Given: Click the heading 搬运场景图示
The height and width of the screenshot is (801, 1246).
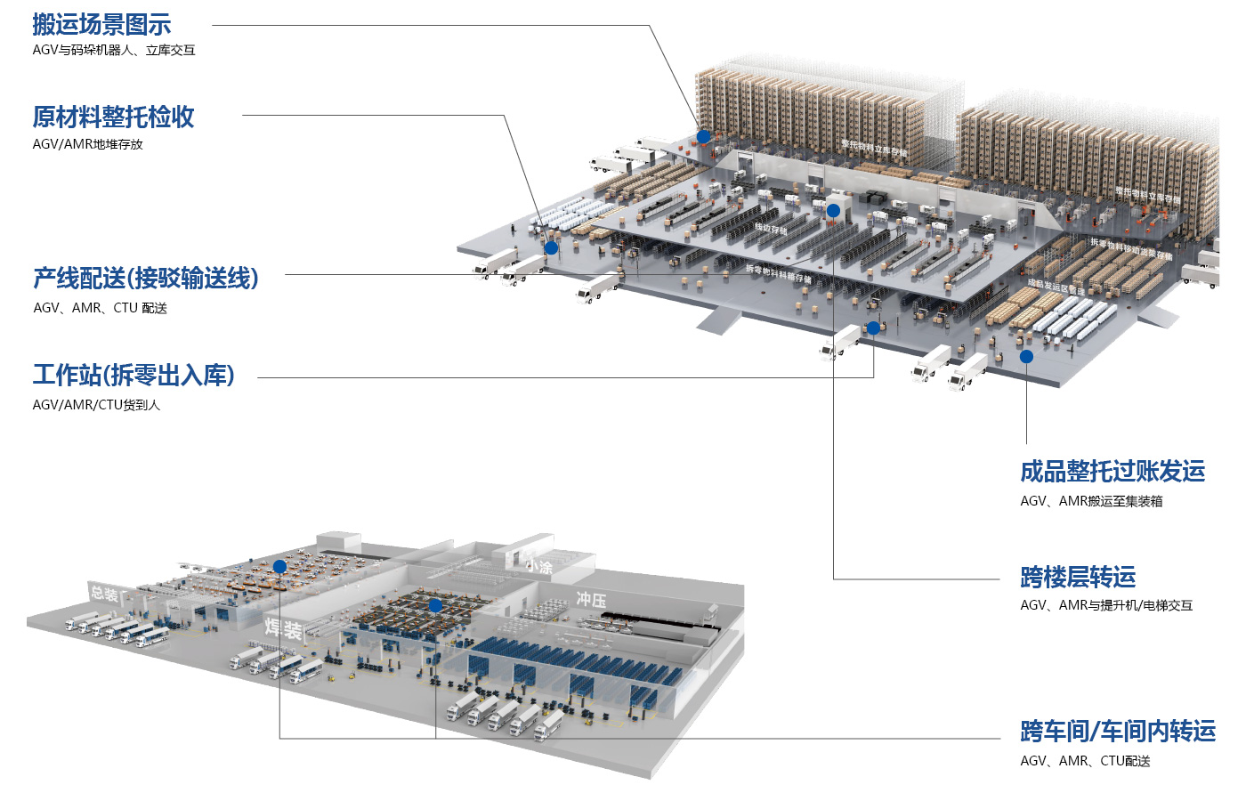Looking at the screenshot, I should [x=101, y=25].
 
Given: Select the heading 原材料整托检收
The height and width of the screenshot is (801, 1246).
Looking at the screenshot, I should [x=113, y=117].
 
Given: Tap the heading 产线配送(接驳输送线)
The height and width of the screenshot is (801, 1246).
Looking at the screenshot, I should [x=145, y=279].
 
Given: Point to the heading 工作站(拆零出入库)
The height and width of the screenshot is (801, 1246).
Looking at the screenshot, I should [x=133, y=375].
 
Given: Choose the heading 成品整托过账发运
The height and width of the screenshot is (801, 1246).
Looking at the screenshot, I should [x=1112, y=471].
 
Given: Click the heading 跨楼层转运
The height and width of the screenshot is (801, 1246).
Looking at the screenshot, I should [x=1078, y=577].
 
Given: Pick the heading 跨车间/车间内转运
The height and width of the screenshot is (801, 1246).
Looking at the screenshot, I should [x=1118, y=732].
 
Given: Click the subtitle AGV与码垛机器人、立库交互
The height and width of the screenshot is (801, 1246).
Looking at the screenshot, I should [x=114, y=51].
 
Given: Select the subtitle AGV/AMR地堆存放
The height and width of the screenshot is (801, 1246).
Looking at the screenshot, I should [x=87, y=144].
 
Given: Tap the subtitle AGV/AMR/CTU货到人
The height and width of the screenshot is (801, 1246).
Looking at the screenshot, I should [x=96, y=405].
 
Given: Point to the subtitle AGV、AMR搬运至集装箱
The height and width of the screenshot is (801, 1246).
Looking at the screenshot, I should [x=1091, y=501].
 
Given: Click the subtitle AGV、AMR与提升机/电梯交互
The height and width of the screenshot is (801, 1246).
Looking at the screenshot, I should [x=1106, y=605].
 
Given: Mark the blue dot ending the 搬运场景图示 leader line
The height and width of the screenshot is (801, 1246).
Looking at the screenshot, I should [x=703, y=136].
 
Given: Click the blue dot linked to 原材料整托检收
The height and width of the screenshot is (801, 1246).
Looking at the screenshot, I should [x=551, y=247].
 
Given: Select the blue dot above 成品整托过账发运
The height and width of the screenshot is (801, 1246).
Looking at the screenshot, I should [x=1026, y=356].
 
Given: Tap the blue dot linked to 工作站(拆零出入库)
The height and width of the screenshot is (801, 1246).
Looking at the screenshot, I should [x=873, y=328].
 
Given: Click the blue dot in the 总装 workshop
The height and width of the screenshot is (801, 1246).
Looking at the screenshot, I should [x=279, y=566].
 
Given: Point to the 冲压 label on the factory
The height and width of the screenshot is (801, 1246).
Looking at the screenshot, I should [x=591, y=599].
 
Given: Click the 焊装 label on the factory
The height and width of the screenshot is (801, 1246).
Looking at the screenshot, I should [x=283, y=629].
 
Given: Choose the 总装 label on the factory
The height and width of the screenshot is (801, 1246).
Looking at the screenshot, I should [x=104, y=594].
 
